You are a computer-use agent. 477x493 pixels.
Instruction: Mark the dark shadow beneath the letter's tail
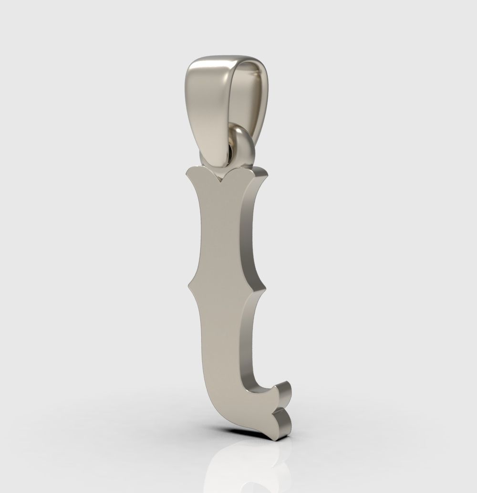coord(267,432)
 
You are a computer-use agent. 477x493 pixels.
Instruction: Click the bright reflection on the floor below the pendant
coord(238,458)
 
